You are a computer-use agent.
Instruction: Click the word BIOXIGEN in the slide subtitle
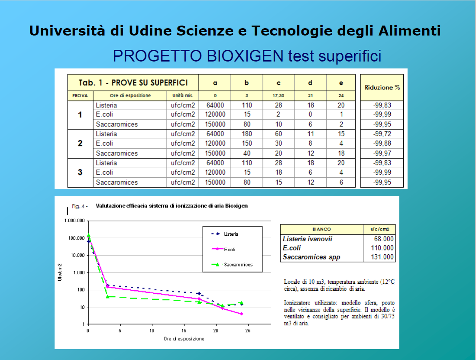[x=245, y=56]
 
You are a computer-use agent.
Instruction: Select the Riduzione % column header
[x=382, y=88]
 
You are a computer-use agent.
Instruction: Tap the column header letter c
[x=278, y=83]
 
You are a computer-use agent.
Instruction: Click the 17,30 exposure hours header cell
[x=278, y=96]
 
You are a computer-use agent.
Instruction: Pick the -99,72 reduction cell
[x=382, y=134]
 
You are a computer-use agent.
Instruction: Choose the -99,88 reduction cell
[x=382, y=143]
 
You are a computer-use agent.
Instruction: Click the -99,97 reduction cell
[x=382, y=153]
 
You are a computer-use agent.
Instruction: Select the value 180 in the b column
[x=247, y=134]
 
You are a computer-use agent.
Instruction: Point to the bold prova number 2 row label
[x=80, y=143]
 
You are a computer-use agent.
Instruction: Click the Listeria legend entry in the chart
[x=225, y=234]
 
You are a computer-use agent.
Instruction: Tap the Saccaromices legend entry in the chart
[x=232, y=265]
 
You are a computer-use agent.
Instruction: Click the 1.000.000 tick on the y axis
[x=74, y=221]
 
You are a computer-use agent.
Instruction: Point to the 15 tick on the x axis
[x=184, y=331]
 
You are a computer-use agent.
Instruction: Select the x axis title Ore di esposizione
[x=184, y=339]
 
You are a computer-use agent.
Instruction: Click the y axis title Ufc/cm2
[x=60, y=272]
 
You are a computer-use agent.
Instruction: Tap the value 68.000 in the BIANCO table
[x=384, y=239]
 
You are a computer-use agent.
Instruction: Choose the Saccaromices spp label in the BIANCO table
[x=311, y=257]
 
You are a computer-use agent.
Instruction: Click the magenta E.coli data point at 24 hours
[x=242, y=314]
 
